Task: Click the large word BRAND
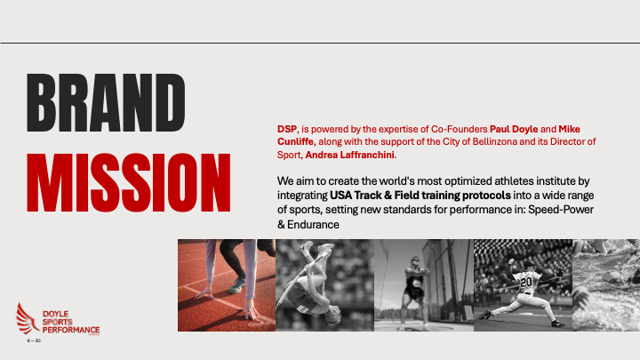(x=106, y=102)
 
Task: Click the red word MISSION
(x=129, y=182)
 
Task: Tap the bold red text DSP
(x=287, y=129)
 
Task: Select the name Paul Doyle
(x=514, y=129)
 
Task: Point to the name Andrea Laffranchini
(x=350, y=155)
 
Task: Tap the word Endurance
(x=313, y=225)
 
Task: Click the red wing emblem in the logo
(x=27, y=319)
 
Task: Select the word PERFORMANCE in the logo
(x=71, y=330)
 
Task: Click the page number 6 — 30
(x=34, y=340)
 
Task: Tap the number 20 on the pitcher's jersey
(x=525, y=282)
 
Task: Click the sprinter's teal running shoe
(x=236, y=285)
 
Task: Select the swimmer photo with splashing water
(x=606, y=285)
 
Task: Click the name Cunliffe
(x=295, y=141)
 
